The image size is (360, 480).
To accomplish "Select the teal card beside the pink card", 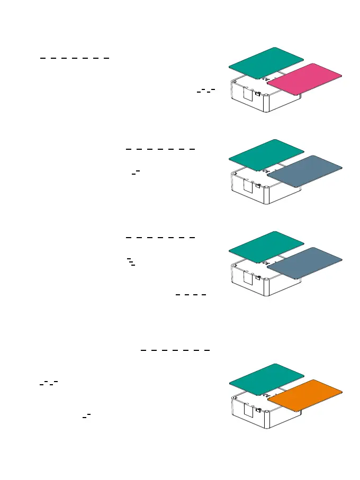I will point(266,63).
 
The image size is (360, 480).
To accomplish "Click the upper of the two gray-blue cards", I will point(305,171).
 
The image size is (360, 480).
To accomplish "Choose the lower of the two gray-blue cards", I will point(305,263).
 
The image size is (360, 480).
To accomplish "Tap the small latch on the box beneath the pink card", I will point(258,94).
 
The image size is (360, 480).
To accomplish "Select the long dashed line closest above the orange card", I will point(176,350).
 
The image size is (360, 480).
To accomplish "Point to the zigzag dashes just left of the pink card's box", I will point(205,91).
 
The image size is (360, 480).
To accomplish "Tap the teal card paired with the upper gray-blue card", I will point(266,155).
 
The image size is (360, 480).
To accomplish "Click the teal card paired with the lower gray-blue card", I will point(266,247).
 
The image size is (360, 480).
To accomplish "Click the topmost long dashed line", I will point(75,58).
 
